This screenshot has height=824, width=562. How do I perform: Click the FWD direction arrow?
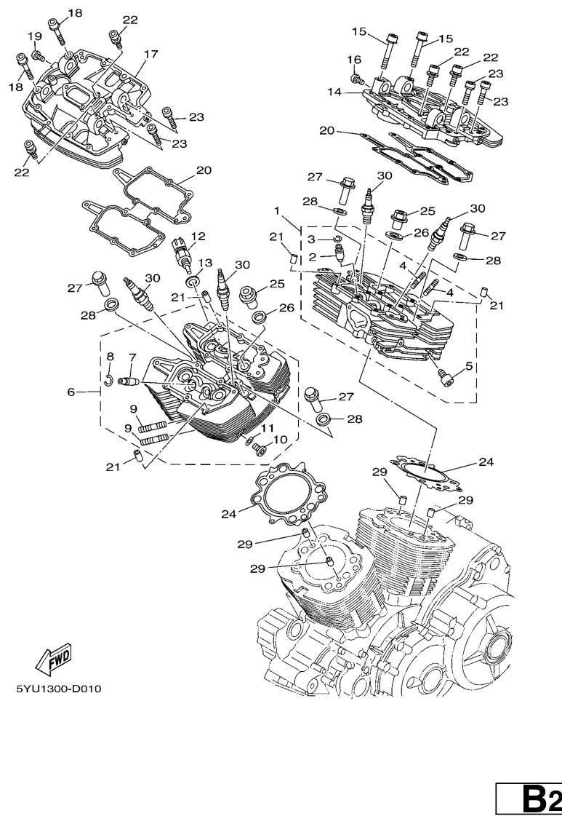pos(52,657)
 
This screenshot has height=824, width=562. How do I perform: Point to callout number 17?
pos(150,54)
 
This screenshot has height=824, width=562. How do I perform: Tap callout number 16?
pos(354,59)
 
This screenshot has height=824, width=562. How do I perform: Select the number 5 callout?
pos(469,366)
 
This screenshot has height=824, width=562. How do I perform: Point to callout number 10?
pos(280,440)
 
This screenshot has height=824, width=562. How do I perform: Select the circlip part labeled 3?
pos(337,238)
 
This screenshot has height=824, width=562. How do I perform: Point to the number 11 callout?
pos(268,428)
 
